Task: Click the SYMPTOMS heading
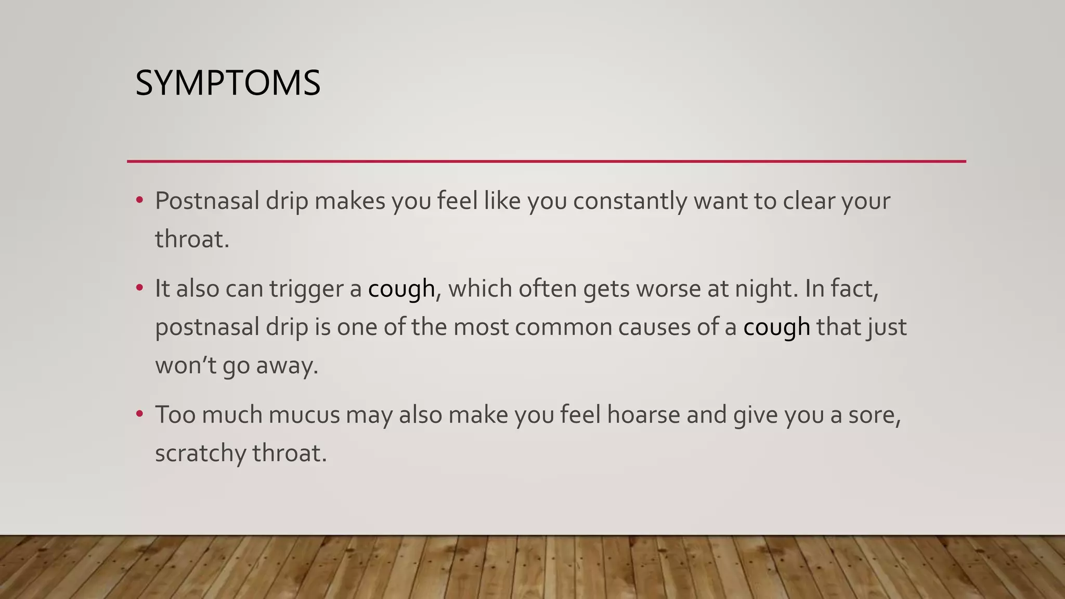228,83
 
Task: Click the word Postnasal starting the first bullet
206,201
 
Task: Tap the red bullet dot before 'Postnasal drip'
139,200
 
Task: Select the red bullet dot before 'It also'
139,287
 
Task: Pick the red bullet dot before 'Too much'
139,414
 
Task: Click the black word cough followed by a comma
401,289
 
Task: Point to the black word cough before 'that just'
776,328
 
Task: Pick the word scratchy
200,453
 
